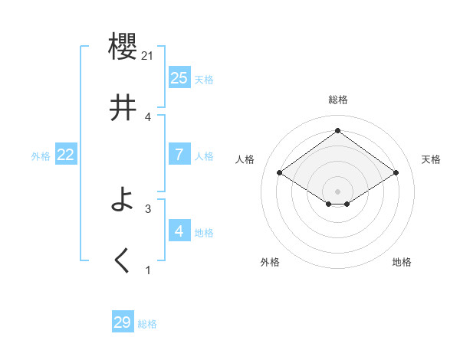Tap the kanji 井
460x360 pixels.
[123, 109]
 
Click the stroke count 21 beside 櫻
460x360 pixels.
[149, 55]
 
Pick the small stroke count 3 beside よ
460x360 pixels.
[148, 208]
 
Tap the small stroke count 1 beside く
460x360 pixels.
[148, 270]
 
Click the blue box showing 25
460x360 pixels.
[179, 78]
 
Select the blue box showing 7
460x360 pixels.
[179, 155]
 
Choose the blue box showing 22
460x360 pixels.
[66, 155]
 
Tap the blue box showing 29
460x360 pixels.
[123, 322]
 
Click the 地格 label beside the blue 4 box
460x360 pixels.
[204, 233]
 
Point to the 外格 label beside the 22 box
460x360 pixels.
[41, 156]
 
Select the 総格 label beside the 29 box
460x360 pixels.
[147, 324]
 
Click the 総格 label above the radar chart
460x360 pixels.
[338, 100]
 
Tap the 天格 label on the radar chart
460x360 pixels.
[431, 159]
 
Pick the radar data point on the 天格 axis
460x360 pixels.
[396, 173]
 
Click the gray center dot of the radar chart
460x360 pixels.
[338, 191]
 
